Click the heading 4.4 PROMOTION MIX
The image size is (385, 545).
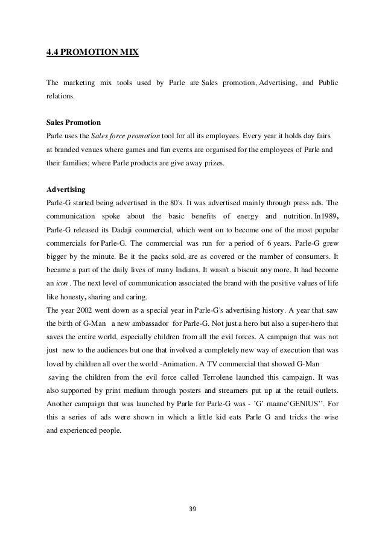(93, 53)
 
